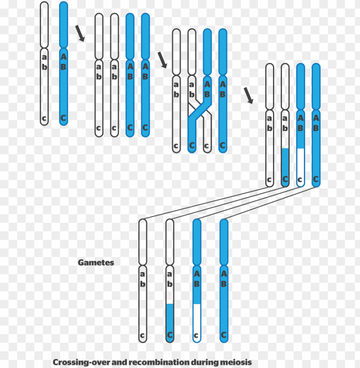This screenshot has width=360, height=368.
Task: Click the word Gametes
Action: click(x=96, y=263)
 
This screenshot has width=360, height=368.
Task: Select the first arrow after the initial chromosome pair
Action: click(x=80, y=33)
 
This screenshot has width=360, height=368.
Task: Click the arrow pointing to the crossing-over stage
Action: click(x=162, y=60)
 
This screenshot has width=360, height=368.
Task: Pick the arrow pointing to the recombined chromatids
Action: click(x=248, y=95)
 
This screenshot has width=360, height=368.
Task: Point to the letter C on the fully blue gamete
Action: click(x=224, y=335)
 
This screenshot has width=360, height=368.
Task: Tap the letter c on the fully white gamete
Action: click(x=143, y=335)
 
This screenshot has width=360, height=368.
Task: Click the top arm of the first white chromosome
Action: click(x=44, y=25)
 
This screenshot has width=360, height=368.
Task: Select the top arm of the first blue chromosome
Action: click(x=63, y=25)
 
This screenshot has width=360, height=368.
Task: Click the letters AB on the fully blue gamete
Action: click(x=224, y=278)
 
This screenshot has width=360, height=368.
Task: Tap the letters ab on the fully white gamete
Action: click(x=143, y=278)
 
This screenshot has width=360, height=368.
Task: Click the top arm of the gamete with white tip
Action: click(x=197, y=242)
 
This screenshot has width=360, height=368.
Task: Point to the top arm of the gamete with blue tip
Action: click(x=170, y=242)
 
